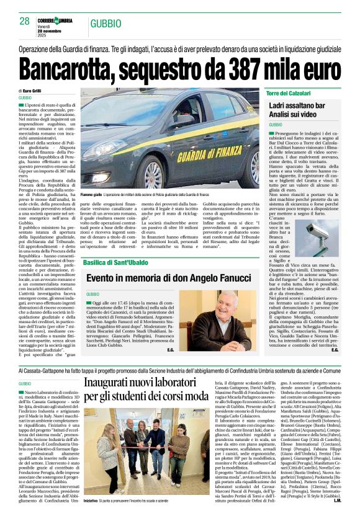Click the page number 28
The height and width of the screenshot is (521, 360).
pos(25,21)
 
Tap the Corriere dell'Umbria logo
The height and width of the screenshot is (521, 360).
pos(55,21)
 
